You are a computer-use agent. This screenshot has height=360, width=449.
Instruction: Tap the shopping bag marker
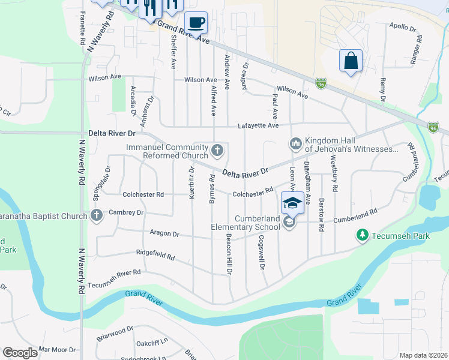coord(351,61)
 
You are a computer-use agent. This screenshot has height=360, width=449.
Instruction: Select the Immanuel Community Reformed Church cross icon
coord(218,150)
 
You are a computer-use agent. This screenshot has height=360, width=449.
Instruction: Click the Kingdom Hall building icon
coord(295,143)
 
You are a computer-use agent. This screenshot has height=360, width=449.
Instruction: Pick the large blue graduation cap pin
coord(292,202)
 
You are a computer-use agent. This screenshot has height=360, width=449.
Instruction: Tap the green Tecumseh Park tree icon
coord(362,236)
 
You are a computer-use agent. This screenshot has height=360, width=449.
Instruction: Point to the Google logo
coord(20,353)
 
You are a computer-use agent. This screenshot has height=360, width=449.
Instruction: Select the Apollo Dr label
coord(402,28)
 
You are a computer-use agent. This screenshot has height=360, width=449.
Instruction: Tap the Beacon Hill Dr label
coord(229,254)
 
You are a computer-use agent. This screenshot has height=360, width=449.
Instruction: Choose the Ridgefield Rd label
coord(155,256)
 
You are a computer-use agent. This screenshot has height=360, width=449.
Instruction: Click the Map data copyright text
coord(423,355)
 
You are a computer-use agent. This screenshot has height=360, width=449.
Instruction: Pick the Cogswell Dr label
coord(262,251)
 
